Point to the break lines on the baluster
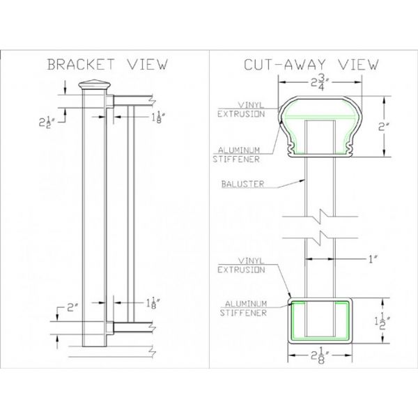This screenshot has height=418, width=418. click(x=321, y=222)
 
